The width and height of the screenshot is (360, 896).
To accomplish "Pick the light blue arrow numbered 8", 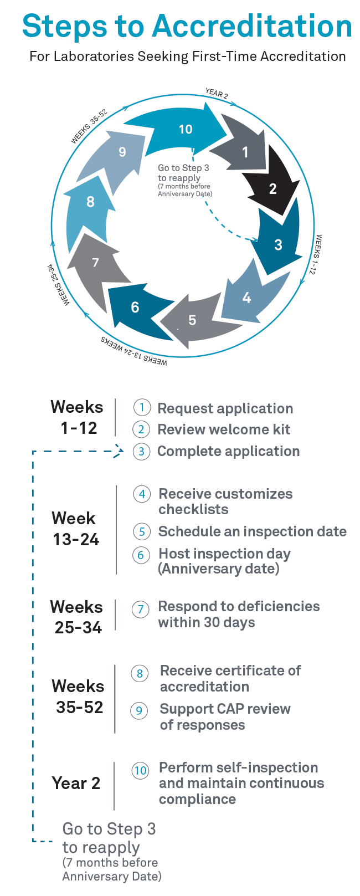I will click(x=90, y=202).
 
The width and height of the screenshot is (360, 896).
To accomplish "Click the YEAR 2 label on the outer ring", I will click(x=216, y=93).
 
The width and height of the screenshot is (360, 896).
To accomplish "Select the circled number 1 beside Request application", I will click(x=142, y=408).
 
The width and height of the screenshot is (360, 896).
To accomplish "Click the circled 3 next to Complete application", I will click(x=142, y=452).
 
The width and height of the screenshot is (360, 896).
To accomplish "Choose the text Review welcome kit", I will click(x=224, y=429).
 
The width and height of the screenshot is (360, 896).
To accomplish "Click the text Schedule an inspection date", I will click(x=252, y=531).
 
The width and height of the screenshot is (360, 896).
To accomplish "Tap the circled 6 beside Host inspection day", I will click(x=142, y=555).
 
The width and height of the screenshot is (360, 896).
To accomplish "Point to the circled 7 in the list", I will click(x=141, y=610).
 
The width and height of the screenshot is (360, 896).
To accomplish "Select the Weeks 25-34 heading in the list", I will click(x=77, y=617).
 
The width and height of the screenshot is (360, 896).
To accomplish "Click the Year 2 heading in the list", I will click(x=76, y=783).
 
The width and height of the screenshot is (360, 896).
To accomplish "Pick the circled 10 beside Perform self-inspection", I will click(x=140, y=770).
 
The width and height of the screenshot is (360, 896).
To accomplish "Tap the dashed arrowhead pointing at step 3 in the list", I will click(x=120, y=451).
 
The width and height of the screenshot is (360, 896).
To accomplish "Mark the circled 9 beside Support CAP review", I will click(x=139, y=710).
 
